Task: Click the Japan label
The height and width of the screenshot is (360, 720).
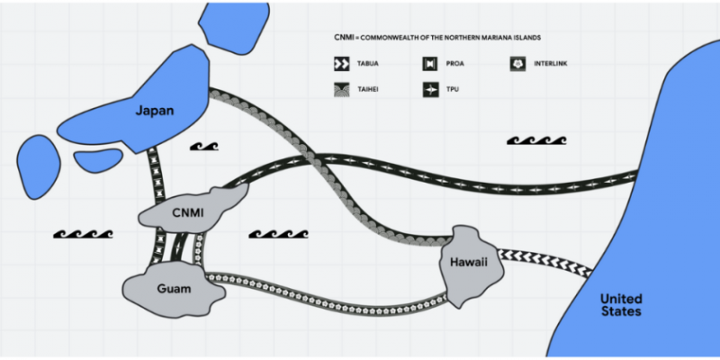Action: pos(154,111)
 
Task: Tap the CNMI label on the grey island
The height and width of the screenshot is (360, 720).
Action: pos(187,212)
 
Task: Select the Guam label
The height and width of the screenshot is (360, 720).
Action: pos(174,289)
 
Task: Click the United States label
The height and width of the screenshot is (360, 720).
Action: pos(621,305)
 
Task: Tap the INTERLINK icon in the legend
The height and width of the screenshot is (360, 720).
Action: pos(517,64)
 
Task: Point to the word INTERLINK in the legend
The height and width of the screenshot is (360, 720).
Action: pos(551,64)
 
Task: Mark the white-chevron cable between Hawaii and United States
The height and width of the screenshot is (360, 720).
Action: pos(544,264)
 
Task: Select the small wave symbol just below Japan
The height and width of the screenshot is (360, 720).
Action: pos(204,146)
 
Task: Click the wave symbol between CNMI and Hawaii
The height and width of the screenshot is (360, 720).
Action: pos(278,234)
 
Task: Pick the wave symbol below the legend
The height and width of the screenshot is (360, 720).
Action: pos(536,140)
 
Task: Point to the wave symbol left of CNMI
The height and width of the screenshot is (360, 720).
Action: pos(83,234)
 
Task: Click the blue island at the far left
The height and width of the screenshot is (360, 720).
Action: pos(39,167)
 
